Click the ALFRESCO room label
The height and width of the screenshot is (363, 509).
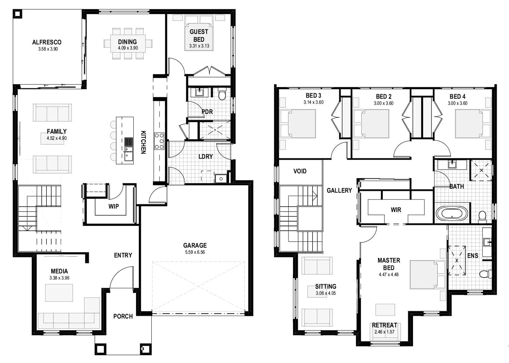pyautogui.click(x=47, y=42)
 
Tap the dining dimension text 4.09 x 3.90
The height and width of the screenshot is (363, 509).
pyautogui.click(x=128, y=48)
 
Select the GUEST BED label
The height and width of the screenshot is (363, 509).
pyautogui.click(x=199, y=35)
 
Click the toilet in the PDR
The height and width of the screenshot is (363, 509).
pyautogui.click(x=222, y=94)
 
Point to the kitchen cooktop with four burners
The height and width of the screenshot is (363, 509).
pyautogui.click(x=159, y=141)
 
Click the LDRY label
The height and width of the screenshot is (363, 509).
pyautogui.click(x=206, y=156)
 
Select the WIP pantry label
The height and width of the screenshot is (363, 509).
pyautogui.click(x=113, y=206)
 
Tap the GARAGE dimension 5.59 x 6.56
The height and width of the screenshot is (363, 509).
pyautogui.click(x=195, y=252)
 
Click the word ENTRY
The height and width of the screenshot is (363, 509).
pyautogui.click(x=123, y=255)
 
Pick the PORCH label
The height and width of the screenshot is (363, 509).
pyautogui.click(x=123, y=316)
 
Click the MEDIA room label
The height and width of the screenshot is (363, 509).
pyautogui.click(x=59, y=271)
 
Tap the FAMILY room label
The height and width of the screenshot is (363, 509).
pyautogui.click(x=57, y=131)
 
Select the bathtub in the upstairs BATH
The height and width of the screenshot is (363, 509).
pyautogui.click(x=452, y=214)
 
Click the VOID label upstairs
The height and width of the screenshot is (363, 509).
pyautogui.click(x=300, y=171)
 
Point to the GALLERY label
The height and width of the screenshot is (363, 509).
pyautogui.click(x=339, y=190)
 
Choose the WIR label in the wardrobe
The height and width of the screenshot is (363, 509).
pyautogui.click(x=396, y=210)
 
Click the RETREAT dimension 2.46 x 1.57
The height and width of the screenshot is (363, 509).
pyautogui.click(x=384, y=332)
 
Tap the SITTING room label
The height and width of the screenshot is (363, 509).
pyautogui.click(x=325, y=286)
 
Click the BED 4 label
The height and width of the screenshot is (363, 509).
pyautogui.click(x=457, y=96)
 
